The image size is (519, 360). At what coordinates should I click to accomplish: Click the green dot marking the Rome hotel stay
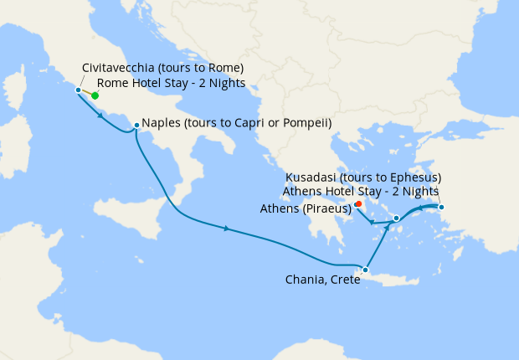95,95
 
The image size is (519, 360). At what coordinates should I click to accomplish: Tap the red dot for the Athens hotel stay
357,203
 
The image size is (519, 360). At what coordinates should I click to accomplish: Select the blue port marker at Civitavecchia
78,90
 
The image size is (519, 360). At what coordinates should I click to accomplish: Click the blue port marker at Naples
136,126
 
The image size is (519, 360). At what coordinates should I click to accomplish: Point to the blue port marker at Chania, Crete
365,270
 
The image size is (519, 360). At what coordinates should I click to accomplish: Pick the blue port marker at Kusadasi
441,207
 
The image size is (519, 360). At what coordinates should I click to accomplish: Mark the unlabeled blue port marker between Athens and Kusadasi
396,218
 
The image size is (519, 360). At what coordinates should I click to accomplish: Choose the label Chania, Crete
321,280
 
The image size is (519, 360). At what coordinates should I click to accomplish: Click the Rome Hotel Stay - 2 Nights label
171,83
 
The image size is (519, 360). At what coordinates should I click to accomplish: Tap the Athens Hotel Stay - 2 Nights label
362,191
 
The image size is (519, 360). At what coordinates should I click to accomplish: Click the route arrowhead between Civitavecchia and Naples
100,115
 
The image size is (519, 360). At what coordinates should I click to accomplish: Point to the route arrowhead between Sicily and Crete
226,228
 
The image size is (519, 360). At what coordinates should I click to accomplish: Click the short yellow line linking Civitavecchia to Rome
86,92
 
